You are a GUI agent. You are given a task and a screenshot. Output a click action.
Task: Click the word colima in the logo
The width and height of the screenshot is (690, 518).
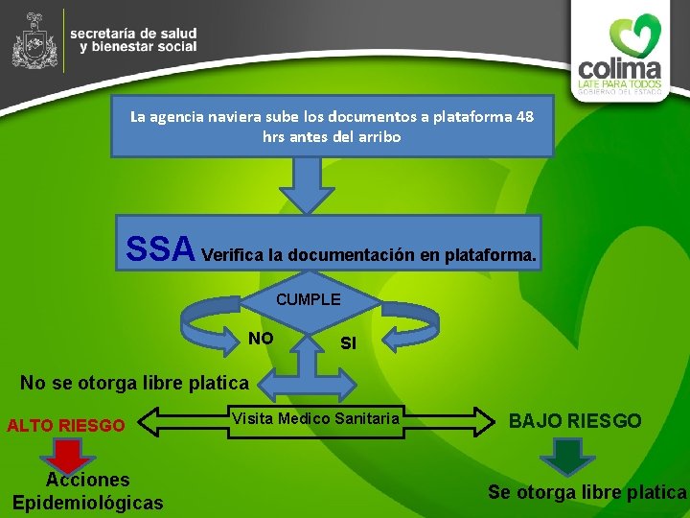coord(619,70)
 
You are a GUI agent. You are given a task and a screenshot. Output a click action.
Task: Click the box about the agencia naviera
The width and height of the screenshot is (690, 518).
coord(332,126)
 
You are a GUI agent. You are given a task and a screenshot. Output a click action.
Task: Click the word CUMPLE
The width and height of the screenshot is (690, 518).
coord(308,299)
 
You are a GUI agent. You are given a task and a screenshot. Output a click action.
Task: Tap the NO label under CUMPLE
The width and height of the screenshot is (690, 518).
coord(261,338)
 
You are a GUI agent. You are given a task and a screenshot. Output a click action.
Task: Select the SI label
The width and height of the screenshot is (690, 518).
coord(348,342)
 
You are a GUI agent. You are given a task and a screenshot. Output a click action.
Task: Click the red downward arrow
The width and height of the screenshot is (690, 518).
coord(67,456)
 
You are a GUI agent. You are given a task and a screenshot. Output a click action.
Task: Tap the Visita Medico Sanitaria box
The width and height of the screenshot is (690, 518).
coord(315,418)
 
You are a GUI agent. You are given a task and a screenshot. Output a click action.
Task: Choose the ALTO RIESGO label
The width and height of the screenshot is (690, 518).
coord(66,425)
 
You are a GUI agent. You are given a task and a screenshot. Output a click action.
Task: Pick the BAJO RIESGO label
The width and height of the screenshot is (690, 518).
coord(575,421)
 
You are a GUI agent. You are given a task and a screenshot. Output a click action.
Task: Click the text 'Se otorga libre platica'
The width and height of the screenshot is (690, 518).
coord(586,492)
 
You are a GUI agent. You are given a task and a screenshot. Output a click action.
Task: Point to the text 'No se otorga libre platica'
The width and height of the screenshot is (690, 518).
coord(134,383)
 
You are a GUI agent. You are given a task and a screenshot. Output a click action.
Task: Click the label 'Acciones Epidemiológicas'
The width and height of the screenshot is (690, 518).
coord(87,490)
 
